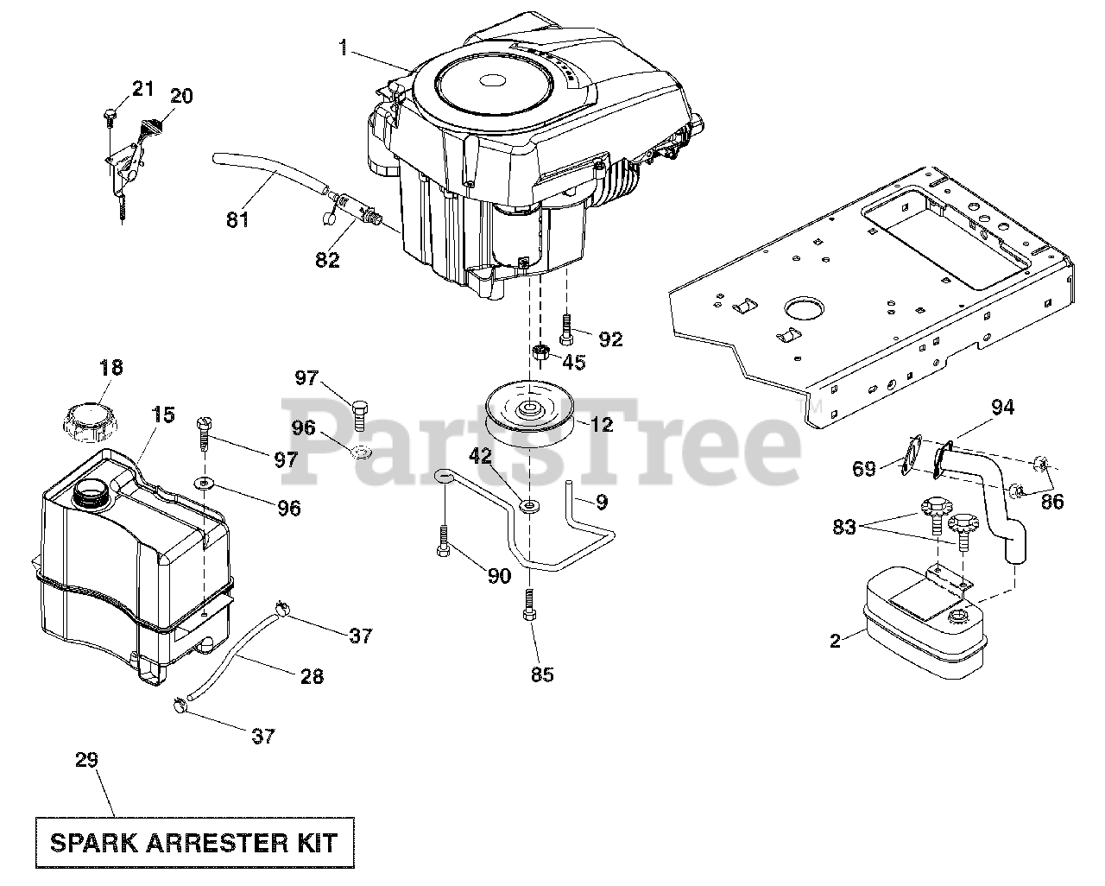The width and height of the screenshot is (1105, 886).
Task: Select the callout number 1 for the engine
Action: click(344, 47)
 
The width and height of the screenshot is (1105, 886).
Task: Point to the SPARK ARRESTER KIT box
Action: click(194, 841)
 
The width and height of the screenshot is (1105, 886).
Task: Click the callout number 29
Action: click(86, 760)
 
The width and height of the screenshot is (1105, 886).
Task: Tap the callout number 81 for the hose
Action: click(237, 219)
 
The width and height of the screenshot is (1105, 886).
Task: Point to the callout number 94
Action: click(1002, 407)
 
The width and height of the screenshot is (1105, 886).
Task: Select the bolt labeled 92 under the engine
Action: click(566, 328)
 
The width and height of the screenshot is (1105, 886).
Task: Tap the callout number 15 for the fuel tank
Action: click(163, 415)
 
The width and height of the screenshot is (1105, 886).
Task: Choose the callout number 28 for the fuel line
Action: click(312, 676)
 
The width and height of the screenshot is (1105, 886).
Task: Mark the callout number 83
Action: click(844, 526)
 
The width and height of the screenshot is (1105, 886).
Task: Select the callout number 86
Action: click(1051, 500)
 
